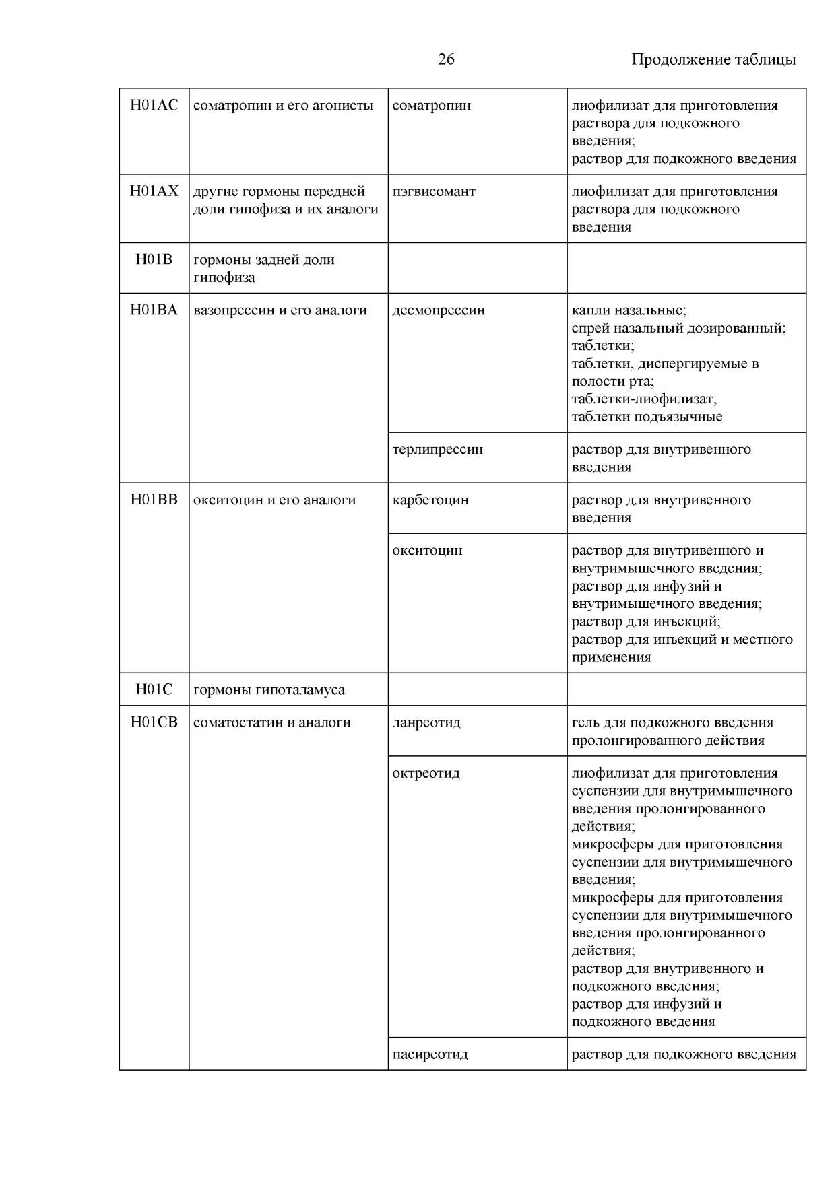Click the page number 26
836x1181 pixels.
446,59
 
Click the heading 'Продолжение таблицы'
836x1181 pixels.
713,59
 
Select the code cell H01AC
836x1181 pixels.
154,106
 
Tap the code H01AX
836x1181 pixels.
154,191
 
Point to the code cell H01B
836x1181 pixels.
154,259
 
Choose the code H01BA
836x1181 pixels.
154,310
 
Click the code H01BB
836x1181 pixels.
154,500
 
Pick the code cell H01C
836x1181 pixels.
154,689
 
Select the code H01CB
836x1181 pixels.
154,722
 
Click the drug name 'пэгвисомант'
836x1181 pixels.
434,191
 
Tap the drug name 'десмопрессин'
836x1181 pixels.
439,310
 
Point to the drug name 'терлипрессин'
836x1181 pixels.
437,449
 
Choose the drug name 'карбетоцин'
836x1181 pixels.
430,500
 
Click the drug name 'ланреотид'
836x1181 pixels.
426,722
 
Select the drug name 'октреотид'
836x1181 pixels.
426,773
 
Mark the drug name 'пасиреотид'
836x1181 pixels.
430,1054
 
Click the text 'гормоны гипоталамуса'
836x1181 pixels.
269,689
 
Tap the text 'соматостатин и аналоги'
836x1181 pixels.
272,722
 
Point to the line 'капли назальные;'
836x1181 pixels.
629,310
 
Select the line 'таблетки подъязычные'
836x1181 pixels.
647,416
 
